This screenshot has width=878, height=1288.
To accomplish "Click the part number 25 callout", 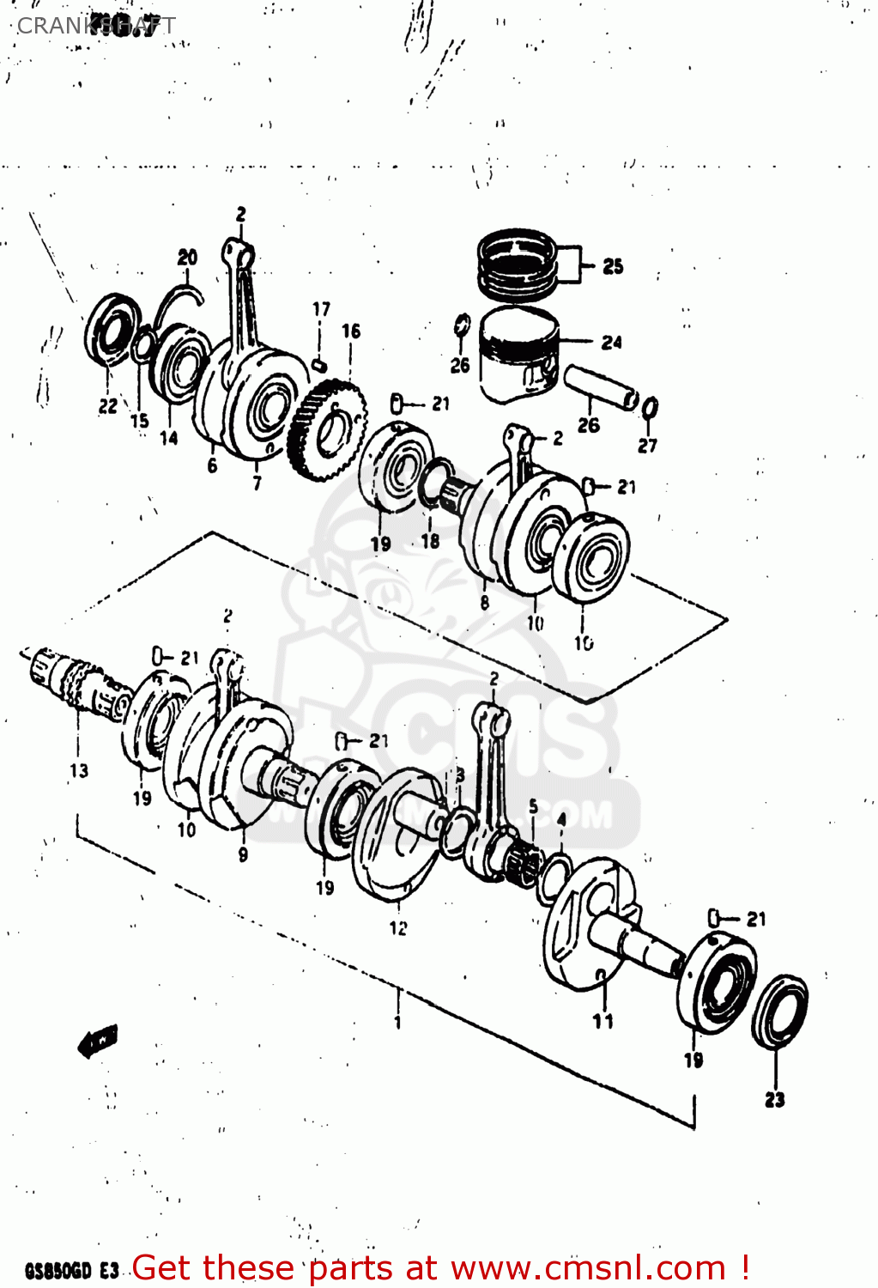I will [x=613, y=266].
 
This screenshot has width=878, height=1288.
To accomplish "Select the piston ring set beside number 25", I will [x=518, y=258].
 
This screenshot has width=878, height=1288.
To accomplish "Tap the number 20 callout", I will [x=187, y=257].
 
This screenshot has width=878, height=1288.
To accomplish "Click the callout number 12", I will [x=398, y=928].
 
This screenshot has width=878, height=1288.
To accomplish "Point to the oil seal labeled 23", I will [x=778, y=1011].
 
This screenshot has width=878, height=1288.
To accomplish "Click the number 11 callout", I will [x=602, y=1021].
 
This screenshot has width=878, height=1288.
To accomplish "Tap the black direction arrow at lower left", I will [x=97, y=1041].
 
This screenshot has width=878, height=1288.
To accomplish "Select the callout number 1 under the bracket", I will [x=397, y=1022].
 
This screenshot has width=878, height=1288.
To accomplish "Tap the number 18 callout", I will [x=430, y=541].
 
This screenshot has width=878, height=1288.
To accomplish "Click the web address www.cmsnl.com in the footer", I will [x=588, y=1268].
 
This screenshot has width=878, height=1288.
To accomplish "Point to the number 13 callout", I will [x=79, y=770].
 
